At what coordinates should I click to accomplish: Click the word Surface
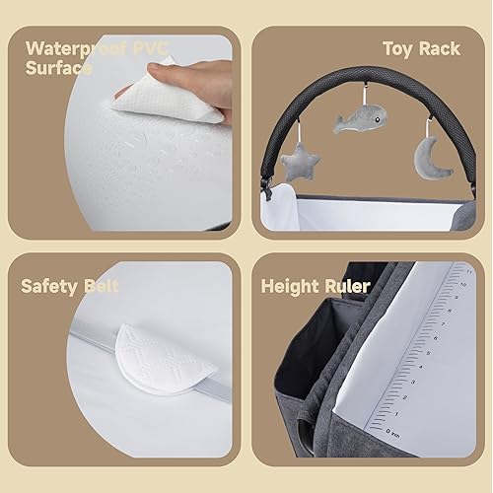click(x=59, y=68)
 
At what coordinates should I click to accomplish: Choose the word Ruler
click(x=346, y=287)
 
